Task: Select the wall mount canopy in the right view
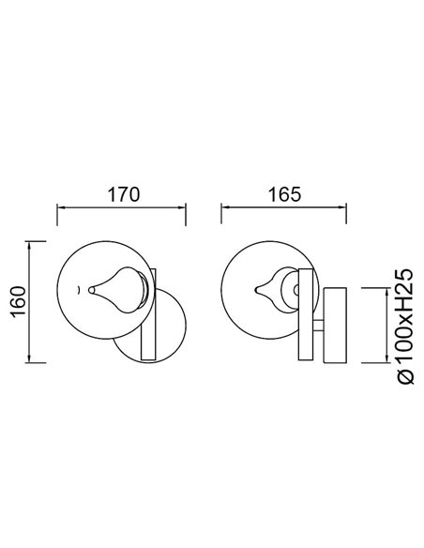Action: click(335, 324)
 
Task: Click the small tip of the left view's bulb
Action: click(91, 290)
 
